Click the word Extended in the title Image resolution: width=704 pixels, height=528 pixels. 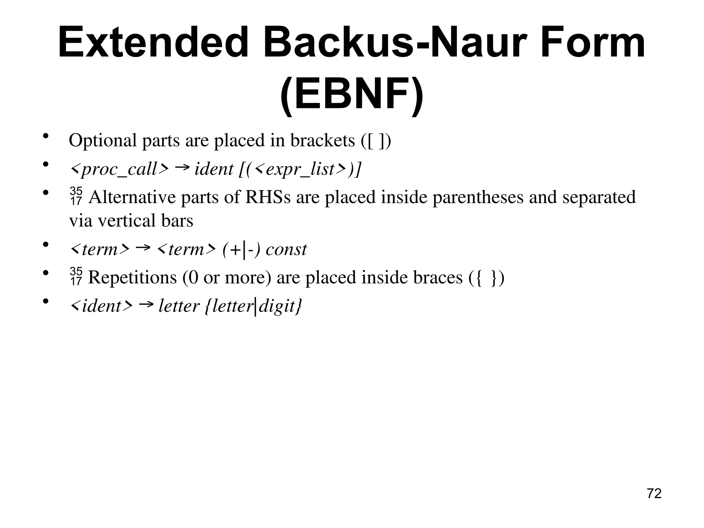153,43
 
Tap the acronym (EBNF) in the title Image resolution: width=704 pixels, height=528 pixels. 352,94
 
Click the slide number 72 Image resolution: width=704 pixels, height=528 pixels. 654,494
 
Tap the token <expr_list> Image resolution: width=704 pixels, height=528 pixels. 301,169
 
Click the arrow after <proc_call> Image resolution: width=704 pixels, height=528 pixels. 182,167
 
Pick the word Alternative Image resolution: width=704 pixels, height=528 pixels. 132,197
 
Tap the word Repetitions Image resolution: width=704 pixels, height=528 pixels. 132,277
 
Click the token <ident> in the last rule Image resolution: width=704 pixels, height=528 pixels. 101,306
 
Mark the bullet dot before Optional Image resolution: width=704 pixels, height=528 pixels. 45,136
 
